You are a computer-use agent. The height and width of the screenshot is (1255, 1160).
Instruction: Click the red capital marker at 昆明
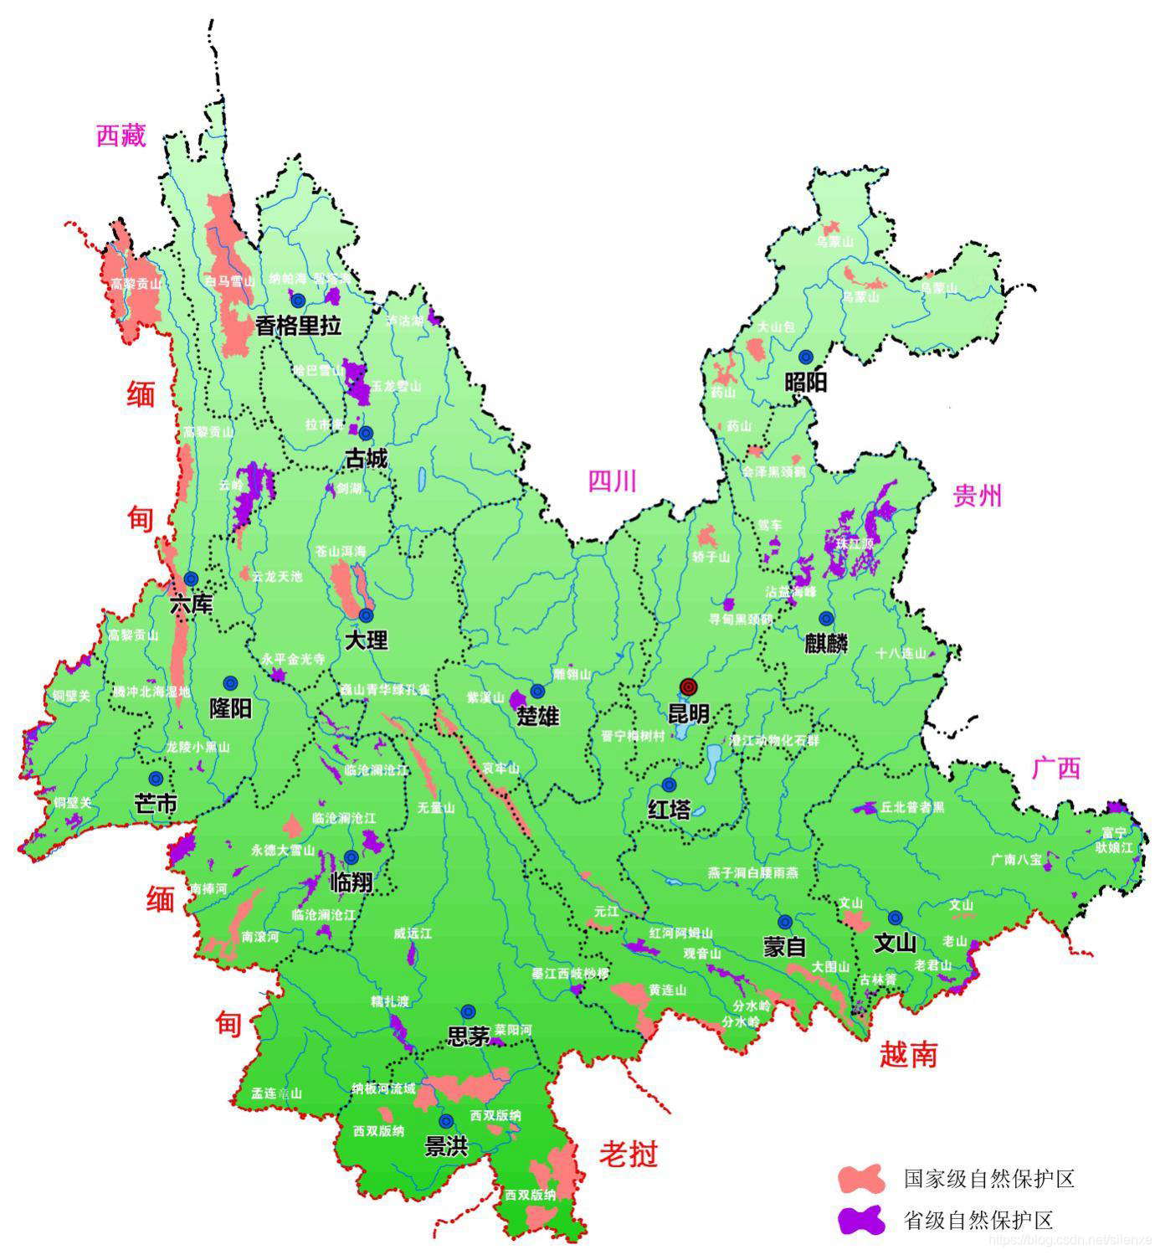pyautogui.click(x=688, y=687)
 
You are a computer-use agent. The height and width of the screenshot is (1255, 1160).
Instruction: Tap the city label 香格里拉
pyautogui.click(x=298, y=326)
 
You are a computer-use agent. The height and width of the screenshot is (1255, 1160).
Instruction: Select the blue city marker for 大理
pyautogui.click(x=366, y=615)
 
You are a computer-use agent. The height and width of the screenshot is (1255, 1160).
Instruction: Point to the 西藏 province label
pyautogui.click(x=121, y=136)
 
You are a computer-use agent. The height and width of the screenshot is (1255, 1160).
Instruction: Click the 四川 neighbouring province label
pyautogui.click(x=612, y=481)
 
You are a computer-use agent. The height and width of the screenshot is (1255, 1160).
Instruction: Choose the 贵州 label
pyautogui.click(x=977, y=496)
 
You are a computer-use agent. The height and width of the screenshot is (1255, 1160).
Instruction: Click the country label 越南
pyautogui.click(x=908, y=1054)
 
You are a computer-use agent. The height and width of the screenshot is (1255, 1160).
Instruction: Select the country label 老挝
pyautogui.click(x=628, y=1155)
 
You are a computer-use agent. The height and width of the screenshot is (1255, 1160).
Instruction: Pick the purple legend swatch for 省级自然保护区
pyautogui.click(x=861, y=1220)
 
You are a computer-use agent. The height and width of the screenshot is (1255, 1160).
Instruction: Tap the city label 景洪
pyautogui.click(x=446, y=1147)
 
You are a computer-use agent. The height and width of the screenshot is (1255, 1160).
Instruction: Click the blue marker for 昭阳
pyautogui.click(x=806, y=357)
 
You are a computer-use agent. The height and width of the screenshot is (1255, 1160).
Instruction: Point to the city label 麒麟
pyautogui.click(x=826, y=644)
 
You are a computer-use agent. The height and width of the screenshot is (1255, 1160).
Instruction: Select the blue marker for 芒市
pyautogui.click(x=156, y=778)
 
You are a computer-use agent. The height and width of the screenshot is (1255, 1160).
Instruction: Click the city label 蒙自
pyautogui.click(x=784, y=947)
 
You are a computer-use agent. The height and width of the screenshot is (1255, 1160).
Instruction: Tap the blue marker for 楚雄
pyautogui.click(x=537, y=691)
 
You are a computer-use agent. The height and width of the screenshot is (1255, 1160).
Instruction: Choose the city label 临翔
pyautogui.click(x=352, y=882)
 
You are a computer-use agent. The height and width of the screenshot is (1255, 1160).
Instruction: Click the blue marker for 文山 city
pyautogui.click(x=895, y=917)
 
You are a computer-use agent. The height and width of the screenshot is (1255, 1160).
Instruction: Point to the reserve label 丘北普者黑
pyautogui.click(x=911, y=808)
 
